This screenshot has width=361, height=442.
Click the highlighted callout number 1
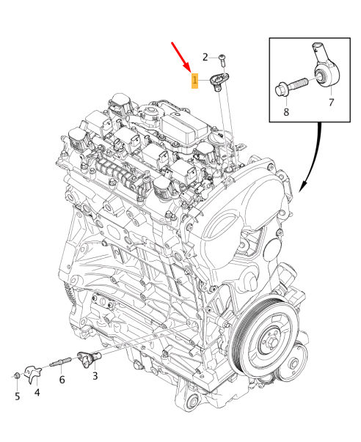point(194,80)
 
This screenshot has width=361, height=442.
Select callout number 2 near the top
point(206,56)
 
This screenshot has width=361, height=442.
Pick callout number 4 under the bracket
point(37,394)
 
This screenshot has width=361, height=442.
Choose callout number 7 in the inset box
point(330,102)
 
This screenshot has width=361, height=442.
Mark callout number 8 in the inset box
point(287,113)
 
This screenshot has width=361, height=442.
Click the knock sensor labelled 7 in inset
point(326,66)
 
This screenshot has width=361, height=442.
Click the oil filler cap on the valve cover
point(151,114)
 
